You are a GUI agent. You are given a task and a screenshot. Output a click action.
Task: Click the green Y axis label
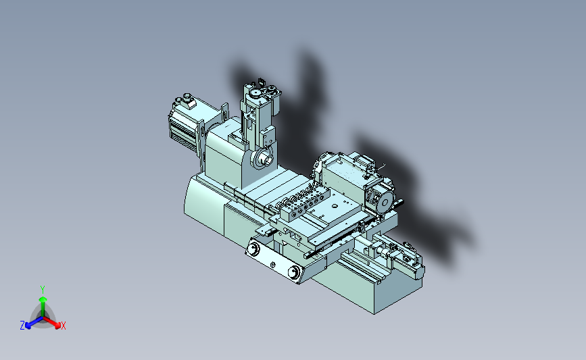(43, 290)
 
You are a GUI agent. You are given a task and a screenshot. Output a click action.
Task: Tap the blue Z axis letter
(22, 326)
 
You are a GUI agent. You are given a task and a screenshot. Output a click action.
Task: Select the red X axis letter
(63, 326)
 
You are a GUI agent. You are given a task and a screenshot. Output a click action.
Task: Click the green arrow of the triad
(43, 306)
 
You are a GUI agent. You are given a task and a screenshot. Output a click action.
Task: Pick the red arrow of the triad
(51, 322)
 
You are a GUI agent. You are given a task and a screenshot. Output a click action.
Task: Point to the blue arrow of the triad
(34, 322)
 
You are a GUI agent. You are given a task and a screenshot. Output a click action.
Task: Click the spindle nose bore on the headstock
(267, 159)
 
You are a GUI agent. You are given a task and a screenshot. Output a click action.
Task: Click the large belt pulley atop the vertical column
(255, 93)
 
